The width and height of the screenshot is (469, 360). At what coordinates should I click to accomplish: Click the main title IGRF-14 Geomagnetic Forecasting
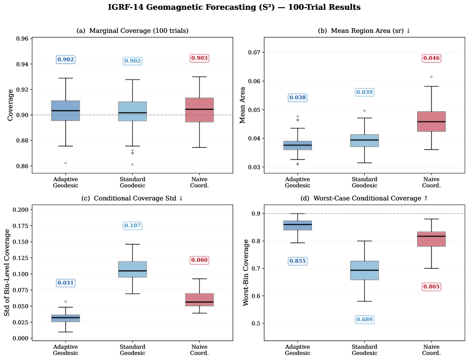click(x=234, y=8)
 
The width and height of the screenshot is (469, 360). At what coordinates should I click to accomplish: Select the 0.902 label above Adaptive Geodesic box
click(x=66, y=60)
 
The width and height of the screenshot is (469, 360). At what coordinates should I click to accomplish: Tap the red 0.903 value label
click(x=199, y=58)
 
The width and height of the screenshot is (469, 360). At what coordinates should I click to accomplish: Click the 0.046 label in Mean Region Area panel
click(x=431, y=58)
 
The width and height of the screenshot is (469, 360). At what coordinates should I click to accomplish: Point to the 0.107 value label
click(x=132, y=226)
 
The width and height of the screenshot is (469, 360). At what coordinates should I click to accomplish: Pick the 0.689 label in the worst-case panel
click(x=364, y=319)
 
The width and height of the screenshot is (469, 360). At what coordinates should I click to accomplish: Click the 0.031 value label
click(x=66, y=283)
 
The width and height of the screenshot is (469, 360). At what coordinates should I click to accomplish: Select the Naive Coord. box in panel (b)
click(x=431, y=122)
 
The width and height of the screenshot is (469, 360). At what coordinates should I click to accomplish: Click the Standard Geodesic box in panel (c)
click(x=132, y=269)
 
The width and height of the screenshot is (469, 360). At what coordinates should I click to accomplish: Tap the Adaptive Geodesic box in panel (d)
click(x=298, y=225)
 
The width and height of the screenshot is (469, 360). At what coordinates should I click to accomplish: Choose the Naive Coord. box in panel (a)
click(x=199, y=110)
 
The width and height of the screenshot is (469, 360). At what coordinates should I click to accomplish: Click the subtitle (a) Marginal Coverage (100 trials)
click(x=132, y=31)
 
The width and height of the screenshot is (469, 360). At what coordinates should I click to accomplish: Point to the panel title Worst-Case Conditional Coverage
click(x=364, y=198)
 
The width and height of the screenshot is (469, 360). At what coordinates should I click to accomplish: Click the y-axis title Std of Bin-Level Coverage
click(x=8, y=273)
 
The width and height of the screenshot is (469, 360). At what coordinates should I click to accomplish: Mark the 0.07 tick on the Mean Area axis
click(x=255, y=52)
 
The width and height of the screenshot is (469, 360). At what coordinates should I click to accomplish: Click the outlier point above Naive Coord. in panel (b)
click(x=432, y=76)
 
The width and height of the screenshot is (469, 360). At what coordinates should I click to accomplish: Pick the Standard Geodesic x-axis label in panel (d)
click(x=364, y=350)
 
